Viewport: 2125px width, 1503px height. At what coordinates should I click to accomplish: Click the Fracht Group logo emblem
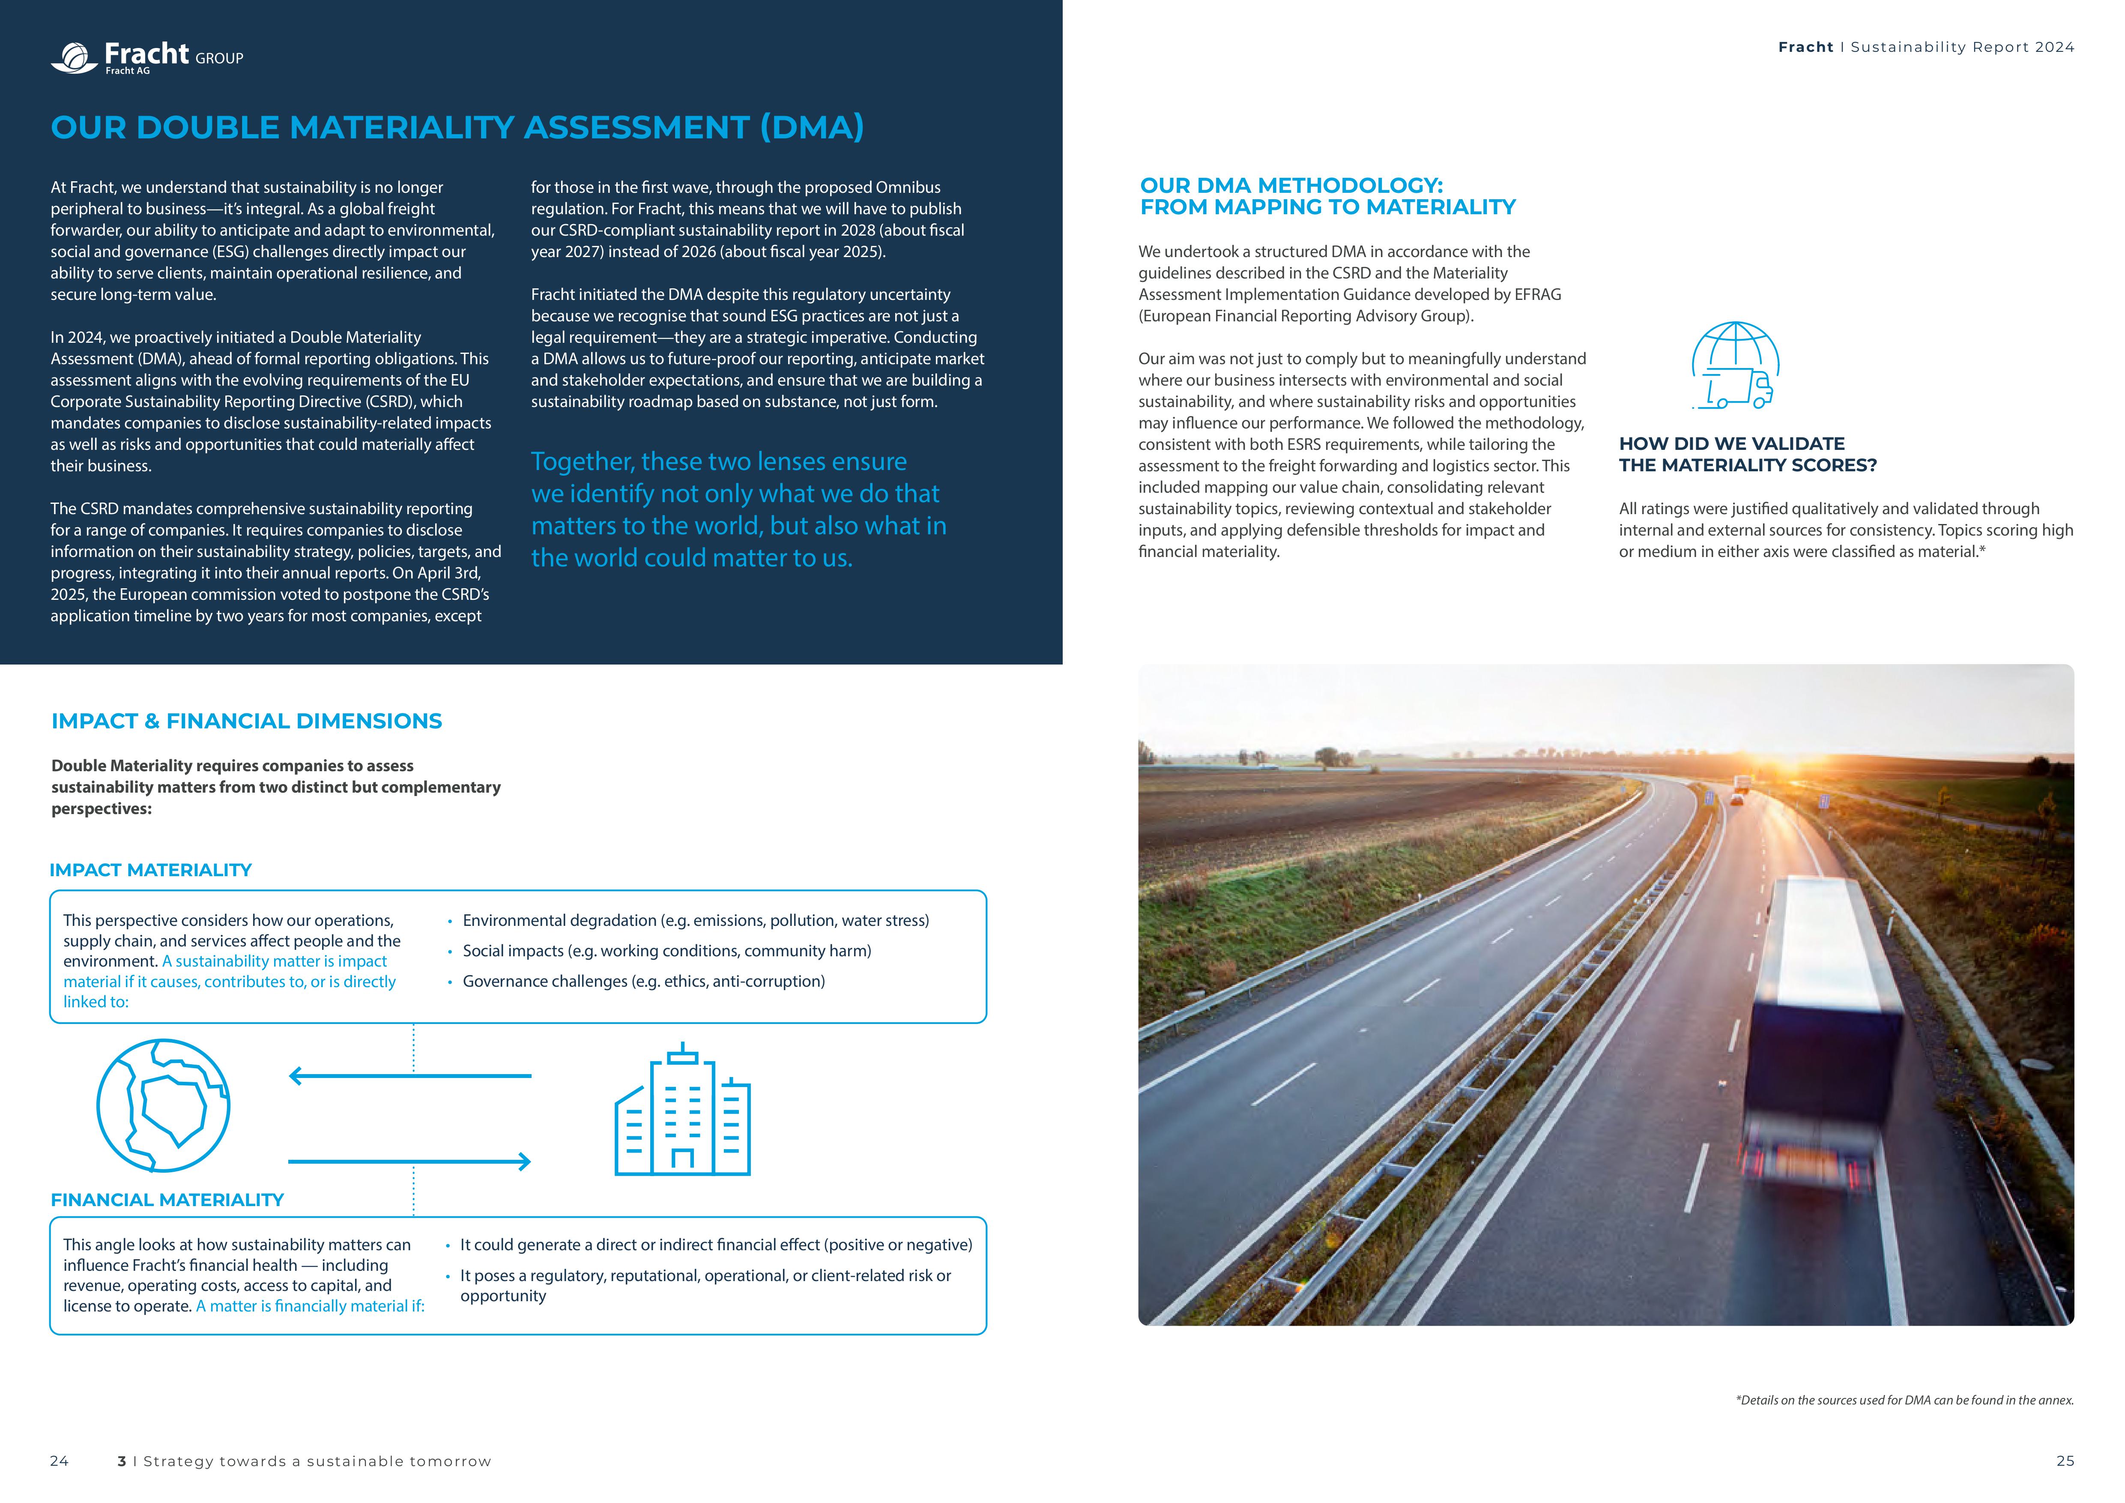pyautogui.click(x=74, y=57)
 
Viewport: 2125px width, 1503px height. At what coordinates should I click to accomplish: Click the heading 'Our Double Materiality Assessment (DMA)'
pyautogui.click(x=457, y=128)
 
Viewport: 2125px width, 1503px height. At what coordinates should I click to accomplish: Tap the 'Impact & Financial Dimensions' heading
pyautogui.click(x=246, y=721)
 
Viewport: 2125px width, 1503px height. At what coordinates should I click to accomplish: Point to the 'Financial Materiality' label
pyautogui.click(x=167, y=1199)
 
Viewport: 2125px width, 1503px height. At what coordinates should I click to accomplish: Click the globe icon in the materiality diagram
pyautogui.click(x=164, y=1105)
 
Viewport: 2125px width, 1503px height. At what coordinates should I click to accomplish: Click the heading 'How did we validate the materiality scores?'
pyautogui.click(x=1747, y=455)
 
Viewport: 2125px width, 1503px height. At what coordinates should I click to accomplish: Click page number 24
pyautogui.click(x=59, y=1461)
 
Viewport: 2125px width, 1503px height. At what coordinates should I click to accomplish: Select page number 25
pyautogui.click(x=2065, y=1461)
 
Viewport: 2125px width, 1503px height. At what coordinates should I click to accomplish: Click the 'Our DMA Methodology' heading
pyautogui.click(x=1327, y=196)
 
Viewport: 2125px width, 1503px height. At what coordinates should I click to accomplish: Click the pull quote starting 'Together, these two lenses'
pyautogui.click(x=738, y=509)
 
